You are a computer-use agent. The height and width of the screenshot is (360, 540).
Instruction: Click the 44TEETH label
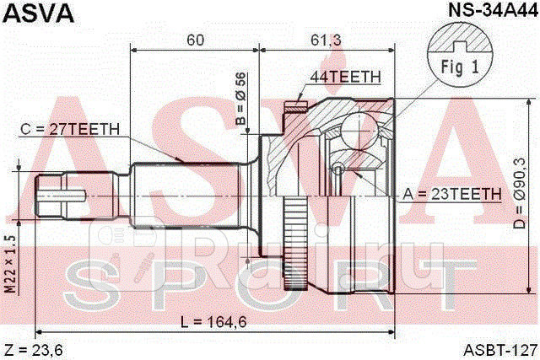click(347, 77)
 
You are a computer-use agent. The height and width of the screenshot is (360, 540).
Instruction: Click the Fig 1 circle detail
click(460, 53)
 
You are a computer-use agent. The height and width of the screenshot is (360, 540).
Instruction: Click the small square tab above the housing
click(294, 105)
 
